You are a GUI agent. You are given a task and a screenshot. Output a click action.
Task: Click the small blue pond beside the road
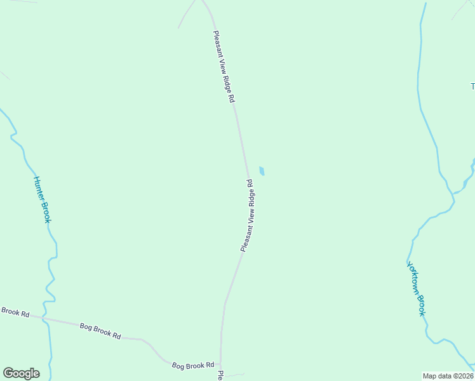tap(262, 171)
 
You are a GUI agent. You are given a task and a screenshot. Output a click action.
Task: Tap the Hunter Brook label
tap(41, 199)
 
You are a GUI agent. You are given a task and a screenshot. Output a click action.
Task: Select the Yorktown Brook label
tap(416, 289)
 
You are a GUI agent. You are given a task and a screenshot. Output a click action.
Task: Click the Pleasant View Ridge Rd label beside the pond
tap(247, 216)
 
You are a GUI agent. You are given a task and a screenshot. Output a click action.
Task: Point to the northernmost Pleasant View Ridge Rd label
tap(224, 67)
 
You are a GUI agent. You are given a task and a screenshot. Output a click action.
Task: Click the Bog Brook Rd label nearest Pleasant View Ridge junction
tap(193, 365)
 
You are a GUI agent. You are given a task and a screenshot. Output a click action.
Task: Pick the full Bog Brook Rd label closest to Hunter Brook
tap(100, 331)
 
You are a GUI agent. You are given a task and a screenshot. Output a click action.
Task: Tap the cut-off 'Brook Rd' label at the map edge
tap(15, 312)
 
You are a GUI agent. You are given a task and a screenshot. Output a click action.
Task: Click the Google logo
tap(21, 373)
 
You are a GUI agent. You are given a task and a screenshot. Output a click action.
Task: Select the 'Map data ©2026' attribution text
tap(448, 375)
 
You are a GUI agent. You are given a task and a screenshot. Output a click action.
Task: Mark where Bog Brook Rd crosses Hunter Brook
tap(44, 317)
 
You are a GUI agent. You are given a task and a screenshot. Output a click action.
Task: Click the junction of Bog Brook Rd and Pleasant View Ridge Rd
tap(220, 366)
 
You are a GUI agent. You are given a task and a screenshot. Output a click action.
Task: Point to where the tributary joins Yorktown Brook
tap(453, 192)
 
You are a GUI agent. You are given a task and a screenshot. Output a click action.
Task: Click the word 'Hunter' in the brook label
tap(37, 188)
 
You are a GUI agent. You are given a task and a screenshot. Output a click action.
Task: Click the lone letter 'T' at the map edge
tap(472, 86)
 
